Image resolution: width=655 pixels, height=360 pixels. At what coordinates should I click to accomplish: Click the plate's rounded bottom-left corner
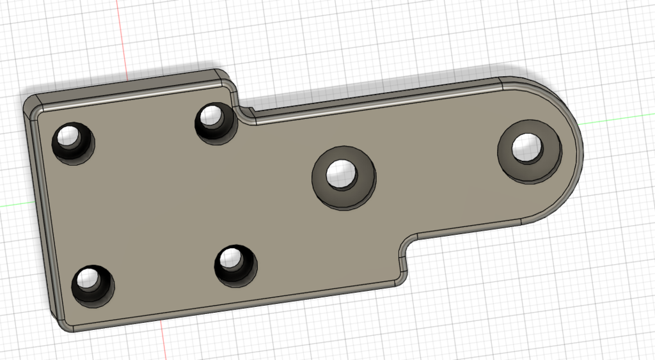pyautogui.click(x=63, y=324)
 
